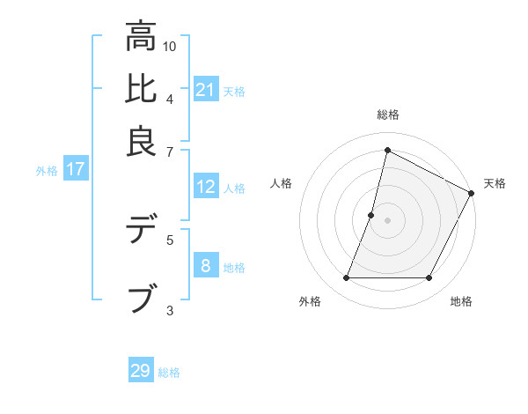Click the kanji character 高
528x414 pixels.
(142, 37)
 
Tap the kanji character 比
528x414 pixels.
(142, 89)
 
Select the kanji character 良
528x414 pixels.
(142, 141)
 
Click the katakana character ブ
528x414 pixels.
(142, 299)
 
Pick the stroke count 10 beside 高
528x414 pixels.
(170, 46)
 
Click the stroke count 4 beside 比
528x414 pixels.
(170, 98)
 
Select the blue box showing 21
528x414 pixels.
(206, 89)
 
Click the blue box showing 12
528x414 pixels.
(206, 187)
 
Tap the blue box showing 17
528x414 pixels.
(75, 169)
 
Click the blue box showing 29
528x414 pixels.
(141, 371)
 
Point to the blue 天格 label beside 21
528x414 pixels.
(234, 91)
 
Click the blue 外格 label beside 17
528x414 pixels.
(47, 171)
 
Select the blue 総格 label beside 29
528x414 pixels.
(170, 373)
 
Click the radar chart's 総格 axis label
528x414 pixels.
(387, 115)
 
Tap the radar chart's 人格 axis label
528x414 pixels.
(282, 183)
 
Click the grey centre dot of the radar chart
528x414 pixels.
(387, 219)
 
